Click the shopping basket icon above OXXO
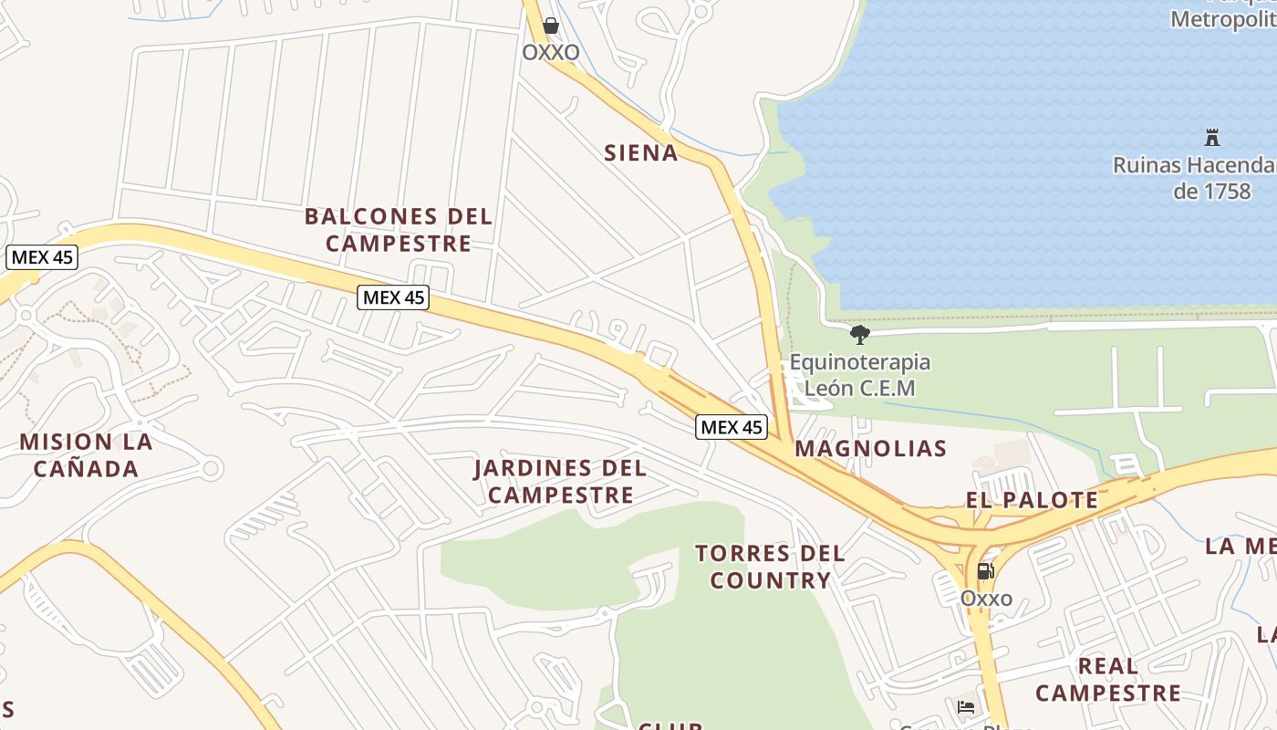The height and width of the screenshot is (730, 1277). pos(551,26)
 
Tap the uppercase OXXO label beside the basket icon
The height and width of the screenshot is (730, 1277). pos(551,53)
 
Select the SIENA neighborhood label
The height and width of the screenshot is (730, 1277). pos(641,153)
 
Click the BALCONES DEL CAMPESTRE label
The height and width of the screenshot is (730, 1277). pos(399,230)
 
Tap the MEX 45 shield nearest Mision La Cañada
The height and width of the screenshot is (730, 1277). pos(42,257)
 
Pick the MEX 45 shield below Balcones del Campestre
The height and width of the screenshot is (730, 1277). pos(393,297)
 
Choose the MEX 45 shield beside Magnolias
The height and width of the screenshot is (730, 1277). pos(732,427)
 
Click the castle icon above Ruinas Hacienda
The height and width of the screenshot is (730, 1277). pos(1212,139)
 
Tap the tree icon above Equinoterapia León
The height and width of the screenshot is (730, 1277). pos(859,335)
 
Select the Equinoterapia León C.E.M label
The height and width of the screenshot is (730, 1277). pos(859,375)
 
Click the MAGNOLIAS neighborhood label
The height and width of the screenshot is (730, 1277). pos(870,449)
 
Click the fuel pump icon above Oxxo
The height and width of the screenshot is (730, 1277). pos(985,571)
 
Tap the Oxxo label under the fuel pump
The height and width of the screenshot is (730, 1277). pos(986,599)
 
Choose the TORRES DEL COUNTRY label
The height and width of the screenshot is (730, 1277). pos(771,567)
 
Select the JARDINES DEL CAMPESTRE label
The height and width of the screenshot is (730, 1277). pos(560,482)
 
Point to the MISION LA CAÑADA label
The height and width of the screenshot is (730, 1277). pos(86,455)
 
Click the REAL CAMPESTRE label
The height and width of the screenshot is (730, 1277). pos(1108,680)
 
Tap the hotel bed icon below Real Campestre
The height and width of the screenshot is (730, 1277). pos(966,707)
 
